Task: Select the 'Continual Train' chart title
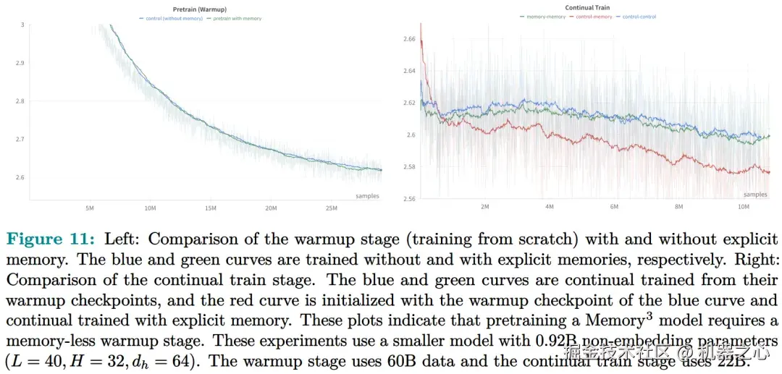(x=587, y=8)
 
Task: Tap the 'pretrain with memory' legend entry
(x=234, y=18)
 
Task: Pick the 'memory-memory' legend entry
(x=545, y=16)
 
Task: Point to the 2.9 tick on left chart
(x=20, y=63)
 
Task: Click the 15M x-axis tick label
(x=211, y=208)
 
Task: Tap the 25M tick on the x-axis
(x=332, y=208)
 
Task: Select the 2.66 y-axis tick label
(x=408, y=39)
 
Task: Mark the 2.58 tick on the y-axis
(x=408, y=167)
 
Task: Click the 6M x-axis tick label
(x=614, y=207)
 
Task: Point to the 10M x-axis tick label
(x=743, y=207)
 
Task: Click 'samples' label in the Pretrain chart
(x=367, y=196)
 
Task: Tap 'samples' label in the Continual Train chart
(x=755, y=195)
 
